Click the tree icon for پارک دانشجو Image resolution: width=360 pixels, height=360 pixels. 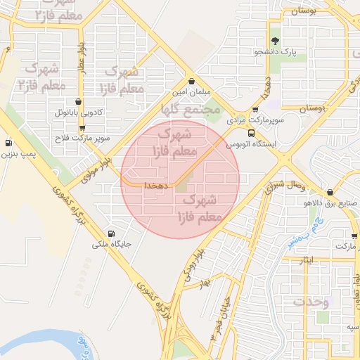pos(275,41)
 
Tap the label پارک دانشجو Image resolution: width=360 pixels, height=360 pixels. pos(275,52)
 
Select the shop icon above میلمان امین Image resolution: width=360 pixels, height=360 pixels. pos(191,82)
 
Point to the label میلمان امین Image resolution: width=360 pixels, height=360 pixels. pos(191,93)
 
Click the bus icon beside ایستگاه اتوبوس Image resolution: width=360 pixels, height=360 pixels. pos(252,133)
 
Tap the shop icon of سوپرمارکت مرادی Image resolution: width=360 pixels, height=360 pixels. pos(255,110)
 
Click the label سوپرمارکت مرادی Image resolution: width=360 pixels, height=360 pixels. pos(259,121)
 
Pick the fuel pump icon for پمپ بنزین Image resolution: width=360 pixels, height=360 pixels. pos(8,143)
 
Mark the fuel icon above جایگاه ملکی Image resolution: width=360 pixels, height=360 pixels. pos(110,234)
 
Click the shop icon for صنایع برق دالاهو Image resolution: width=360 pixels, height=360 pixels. pos(330,193)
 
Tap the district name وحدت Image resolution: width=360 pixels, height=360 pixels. pos(312,302)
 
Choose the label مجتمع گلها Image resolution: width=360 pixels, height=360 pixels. pos(191,110)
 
